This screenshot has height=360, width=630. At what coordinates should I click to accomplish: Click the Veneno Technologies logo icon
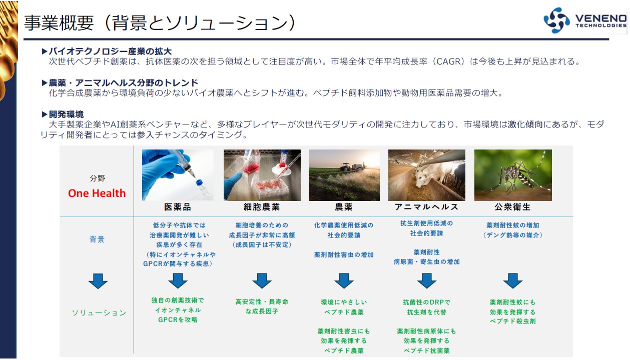556,20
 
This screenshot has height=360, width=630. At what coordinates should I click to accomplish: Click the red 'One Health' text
97,193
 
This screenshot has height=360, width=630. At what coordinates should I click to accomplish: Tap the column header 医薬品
178,207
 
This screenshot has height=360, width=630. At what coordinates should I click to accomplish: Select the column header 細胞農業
262,207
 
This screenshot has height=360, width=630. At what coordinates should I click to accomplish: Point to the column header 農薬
344,207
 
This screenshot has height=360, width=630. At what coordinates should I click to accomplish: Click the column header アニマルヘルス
426,207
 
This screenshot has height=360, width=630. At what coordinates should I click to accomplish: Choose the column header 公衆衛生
512,207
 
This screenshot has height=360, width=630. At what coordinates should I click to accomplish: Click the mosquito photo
512,175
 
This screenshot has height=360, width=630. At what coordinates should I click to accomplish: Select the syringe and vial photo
178,175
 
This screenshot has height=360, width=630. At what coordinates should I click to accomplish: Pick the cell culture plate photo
262,175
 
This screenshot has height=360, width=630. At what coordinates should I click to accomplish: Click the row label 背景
97,239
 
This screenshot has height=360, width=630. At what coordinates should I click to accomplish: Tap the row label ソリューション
99,313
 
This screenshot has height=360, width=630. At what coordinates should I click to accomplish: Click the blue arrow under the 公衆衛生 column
512,280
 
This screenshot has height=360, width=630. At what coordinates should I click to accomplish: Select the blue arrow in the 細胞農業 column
262,280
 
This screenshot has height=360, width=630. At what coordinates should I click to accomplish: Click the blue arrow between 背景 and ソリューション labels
98,281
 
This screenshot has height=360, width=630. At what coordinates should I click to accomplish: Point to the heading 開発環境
66,114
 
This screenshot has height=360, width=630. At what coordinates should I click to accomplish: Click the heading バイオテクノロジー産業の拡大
110,51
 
